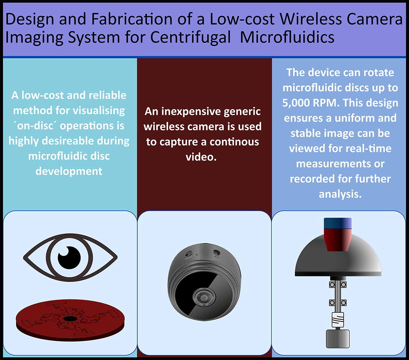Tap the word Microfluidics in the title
[287, 37]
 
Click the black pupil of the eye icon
[69, 258]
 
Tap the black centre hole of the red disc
[70, 319]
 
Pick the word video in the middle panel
[201, 157]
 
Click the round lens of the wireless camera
[204, 297]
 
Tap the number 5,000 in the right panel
[298, 103]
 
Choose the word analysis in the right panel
[340, 194]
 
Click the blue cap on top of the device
[338, 223]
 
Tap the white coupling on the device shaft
[338, 320]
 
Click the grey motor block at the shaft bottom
[338, 338]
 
